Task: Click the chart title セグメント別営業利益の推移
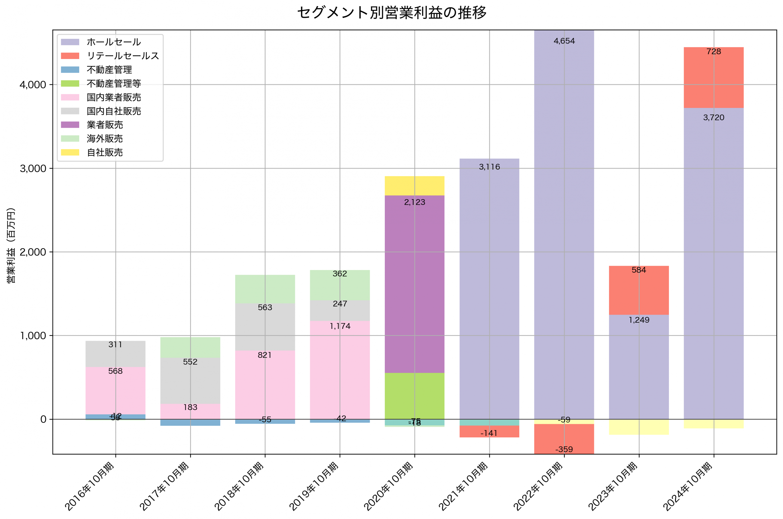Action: pyautogui.click(x=391, y=13)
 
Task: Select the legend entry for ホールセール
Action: pyautogui.click(x=113, y=42)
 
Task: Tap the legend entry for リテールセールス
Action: pyautogui.click(x=123, y=56)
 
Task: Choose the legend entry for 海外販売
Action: pyautogui.click(x=105, y=139)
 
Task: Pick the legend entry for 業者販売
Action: pyautogui.click(x=105, y=125)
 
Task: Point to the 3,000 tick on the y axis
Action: pyautogui.click(x=33, y=169)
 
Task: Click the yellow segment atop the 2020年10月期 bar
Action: pyautogui.click(x=414, y=186)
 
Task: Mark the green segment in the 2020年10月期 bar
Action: pyautogui.click(x=414, y=396)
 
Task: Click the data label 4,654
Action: pyautogui.click(x=564, y=41)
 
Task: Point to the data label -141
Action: pyautogui.click(x=489, y=433)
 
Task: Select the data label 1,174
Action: pyautogui.click(x=340, y=326)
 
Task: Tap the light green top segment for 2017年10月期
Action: pyautogui.click(x=190, y=347)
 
